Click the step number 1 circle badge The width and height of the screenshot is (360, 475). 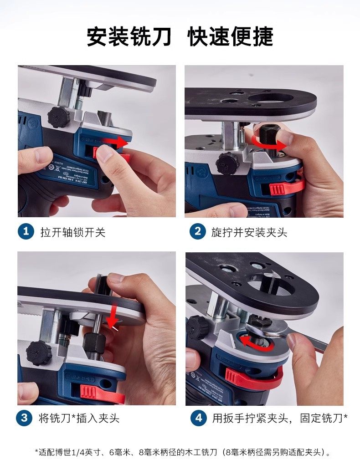[x=26, y=231]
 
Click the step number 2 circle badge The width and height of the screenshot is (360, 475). [x=197, y=231]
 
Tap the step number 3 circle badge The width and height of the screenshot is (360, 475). [x=25, y=418]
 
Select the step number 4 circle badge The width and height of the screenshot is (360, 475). [x=198, y=418]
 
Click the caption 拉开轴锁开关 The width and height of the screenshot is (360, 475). [x=73, y=232]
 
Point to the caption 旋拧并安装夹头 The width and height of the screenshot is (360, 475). [x=249, y=232]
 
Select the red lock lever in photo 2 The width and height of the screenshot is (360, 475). [x=285, y=187]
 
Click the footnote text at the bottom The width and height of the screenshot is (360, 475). [x=182, y=452]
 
